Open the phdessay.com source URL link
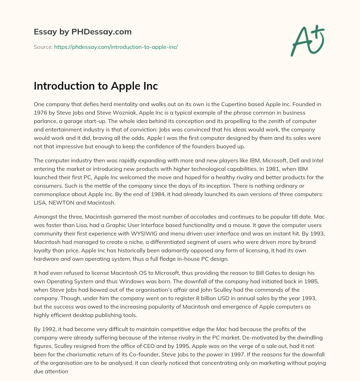point(116,47)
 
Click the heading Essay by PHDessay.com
point(83,32)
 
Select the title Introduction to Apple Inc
point(96,86)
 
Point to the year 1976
point(40,113)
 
